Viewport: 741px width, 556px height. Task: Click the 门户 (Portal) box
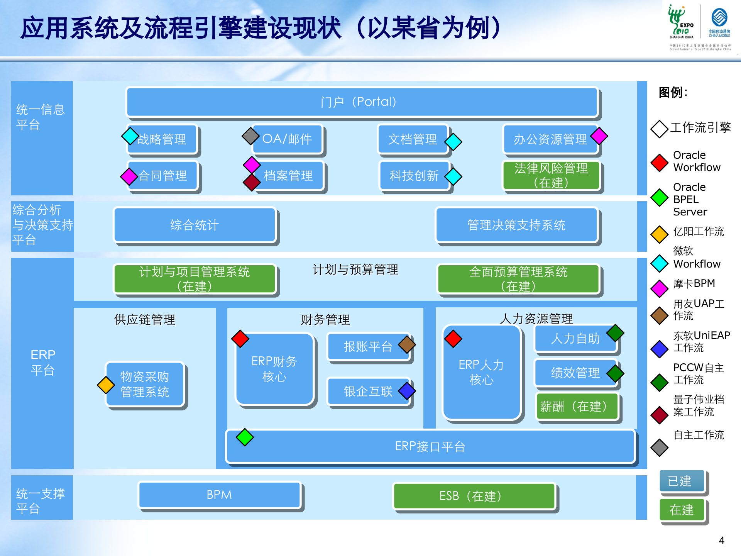tap(362, 102)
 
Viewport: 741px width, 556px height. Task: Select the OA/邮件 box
tap(288, 139)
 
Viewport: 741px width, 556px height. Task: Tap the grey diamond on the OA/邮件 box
tap(250, 136)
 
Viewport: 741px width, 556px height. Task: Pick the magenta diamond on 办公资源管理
tap(599, 136)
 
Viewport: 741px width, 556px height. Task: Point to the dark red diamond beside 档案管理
tap(252, 182)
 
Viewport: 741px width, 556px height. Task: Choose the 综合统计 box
tap(195, 225)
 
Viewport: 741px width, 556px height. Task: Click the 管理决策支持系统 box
tap(516, 225)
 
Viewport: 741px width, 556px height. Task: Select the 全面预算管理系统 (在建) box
tap(518, 279)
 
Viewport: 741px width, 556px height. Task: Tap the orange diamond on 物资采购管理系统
tap(106, 385)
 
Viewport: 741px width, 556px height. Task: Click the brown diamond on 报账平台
tap(407, 344)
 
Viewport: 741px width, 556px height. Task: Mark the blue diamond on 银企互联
tap(407, 391)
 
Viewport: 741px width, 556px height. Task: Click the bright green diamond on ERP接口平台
tap(245, 437)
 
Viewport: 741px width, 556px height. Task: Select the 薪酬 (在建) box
tap(577, 406)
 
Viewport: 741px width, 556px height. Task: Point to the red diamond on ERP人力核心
tap(453, 339)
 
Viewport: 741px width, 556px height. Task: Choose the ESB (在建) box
tap(474, 496)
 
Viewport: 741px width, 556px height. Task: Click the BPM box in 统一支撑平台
tap(219, 495)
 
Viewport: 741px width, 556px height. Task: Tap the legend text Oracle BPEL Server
tap(690, 199)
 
